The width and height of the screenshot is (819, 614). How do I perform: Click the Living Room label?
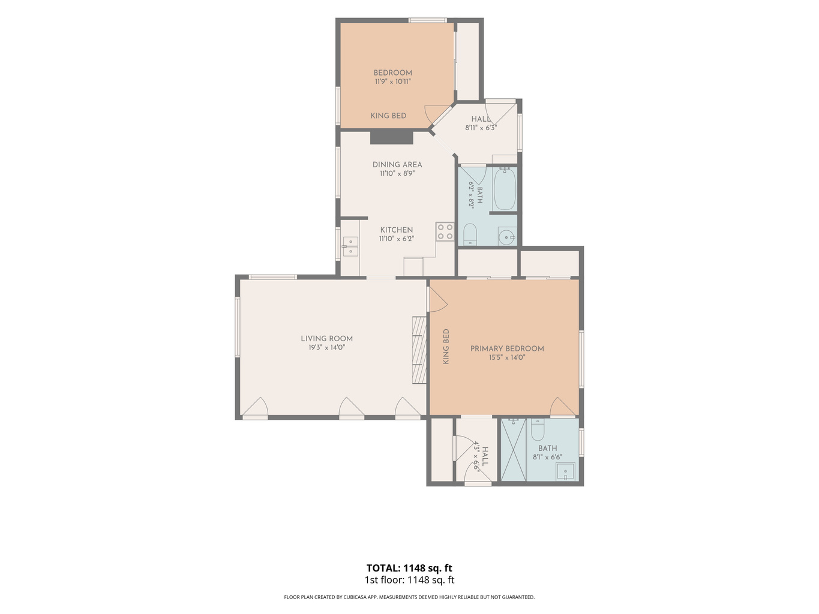coord(326,339)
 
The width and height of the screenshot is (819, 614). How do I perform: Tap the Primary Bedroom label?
coord(506,348)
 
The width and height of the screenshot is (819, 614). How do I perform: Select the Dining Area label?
coord(397,164)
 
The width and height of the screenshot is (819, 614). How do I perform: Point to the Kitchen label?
coord(396,230)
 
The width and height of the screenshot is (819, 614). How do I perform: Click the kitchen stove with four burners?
coord(445,231)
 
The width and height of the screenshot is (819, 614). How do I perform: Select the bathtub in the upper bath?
coord(505,189)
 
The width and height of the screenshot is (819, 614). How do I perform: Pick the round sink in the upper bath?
coord(506,237)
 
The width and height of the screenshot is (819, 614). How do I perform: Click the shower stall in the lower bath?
coord(513,450)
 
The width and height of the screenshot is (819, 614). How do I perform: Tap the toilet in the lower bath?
coord(538,429)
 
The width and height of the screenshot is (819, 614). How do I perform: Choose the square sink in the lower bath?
coord(565,471)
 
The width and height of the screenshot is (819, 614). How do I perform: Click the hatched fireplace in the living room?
coord(419,350)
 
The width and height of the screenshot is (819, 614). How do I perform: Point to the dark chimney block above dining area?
coord(391,137)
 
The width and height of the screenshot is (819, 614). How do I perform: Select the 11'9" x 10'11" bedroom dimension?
coord(393,82)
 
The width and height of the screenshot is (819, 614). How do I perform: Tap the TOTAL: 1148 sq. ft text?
coord(409,568)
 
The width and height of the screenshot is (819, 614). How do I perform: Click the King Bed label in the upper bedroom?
coord(388,116)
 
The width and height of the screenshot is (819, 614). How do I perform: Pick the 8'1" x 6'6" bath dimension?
coord(547,457)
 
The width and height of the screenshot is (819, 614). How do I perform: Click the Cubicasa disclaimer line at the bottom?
coord(409,597)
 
